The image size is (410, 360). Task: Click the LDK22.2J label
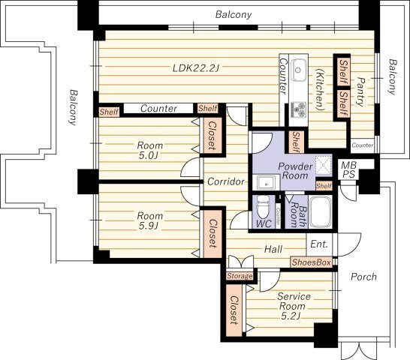click(x=195, y=68)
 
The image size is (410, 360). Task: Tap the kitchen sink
click(x=299, y=70)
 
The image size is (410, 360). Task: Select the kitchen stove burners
click(x=298, y=109)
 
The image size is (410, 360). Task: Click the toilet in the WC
click(x=263, y=207)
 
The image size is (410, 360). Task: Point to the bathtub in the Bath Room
click(x=321, y=212)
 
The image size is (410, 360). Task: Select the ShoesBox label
click(x=311, y=262)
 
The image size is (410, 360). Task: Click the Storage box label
click(x=240, y=276)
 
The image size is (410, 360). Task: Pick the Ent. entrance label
click(x=319, y=244)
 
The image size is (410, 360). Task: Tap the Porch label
click(x=363, y=277)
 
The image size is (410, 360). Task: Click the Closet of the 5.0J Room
click(x=213, y=136)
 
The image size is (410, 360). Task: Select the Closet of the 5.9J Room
click(x=213, y=233)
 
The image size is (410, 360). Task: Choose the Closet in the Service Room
click(x=234, y=310)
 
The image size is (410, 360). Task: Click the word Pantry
click(x=361, y=91)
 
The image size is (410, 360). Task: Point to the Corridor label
click(x=226, y=181)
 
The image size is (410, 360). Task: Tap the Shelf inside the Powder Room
click(x=324, y=186)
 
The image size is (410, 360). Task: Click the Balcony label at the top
click(x=234, y=14)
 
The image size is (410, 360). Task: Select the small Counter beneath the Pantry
click(x=363, y=145)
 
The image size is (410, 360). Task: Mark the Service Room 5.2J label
click(x=294, y=306)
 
